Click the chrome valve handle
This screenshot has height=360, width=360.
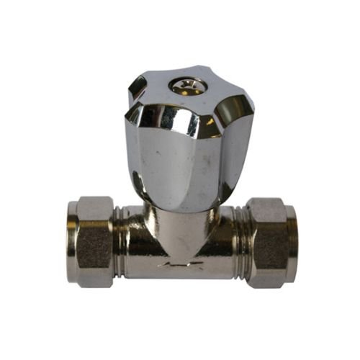click(189, 137)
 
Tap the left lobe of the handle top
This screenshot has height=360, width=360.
click(137, 86)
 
